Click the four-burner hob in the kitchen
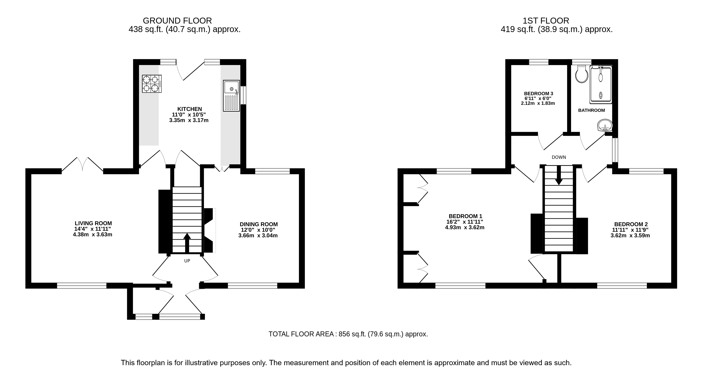click(152, 84)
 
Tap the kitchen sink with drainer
click(231, 96)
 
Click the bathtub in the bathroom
click(600, 85)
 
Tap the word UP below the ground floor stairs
click(187, 261)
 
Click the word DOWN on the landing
click(559, 157)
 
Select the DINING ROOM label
click(259, 224)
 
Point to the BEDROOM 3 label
click(538, 93)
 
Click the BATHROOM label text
click(591, 110)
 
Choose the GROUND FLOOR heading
click(177, 21)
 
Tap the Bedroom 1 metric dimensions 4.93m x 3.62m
click(465, 227)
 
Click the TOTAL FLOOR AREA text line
click(348, 334)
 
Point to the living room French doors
click(83, 165)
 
